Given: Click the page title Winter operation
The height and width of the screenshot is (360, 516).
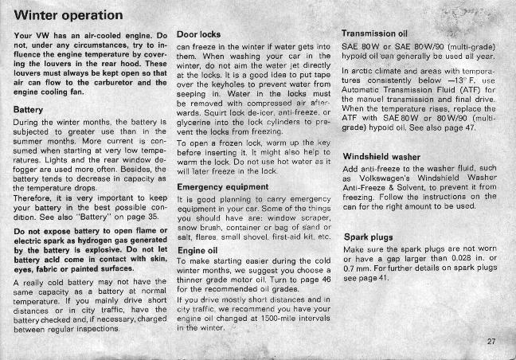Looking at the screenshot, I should click(x=68, y=15).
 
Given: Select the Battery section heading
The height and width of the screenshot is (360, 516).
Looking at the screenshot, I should click(x=29, y=108).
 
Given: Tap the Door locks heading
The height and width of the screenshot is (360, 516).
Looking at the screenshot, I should click(x=198, y=35).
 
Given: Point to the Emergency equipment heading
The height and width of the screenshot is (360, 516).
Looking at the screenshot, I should click(x=223, y=187).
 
